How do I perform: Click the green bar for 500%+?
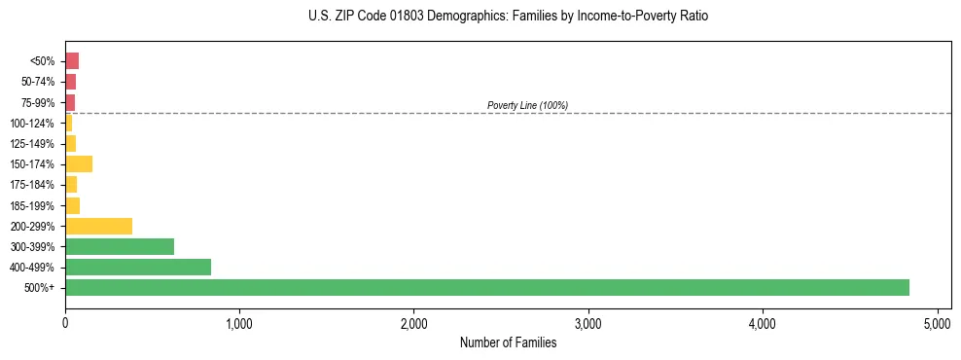click(x=486, y=287)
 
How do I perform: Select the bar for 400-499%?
click(x=138, y=267)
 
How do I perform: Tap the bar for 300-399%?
click(x=120, y=246)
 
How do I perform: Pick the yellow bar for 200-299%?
click(x=98, y=226)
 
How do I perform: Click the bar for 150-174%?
click(x=79, y=163)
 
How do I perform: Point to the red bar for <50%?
click(x=72, y=60)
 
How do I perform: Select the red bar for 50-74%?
click(x=70, y=82)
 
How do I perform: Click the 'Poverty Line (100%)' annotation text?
click(x=527, y=105)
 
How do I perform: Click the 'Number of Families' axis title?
click(x=508, y=342)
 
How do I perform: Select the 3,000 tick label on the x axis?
click(x=588, y=322)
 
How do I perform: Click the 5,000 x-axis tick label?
click(x=938, y=322)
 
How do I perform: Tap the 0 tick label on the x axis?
click(x=65, y=322)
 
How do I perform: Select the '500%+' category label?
click(x=41, y=288)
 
